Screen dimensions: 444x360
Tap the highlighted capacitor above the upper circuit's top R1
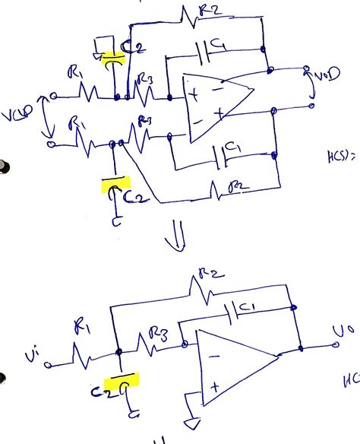112,56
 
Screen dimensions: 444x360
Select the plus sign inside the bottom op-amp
216,386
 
